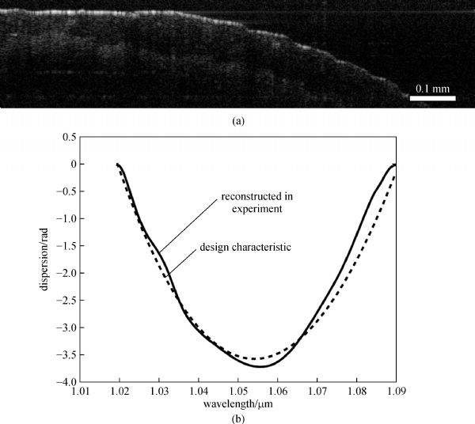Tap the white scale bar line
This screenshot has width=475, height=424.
pos(433,98)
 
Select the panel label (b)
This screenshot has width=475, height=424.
pos(238,415)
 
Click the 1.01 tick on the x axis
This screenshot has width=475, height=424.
pos(80,390)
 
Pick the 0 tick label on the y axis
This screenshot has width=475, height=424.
pos(72,164)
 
